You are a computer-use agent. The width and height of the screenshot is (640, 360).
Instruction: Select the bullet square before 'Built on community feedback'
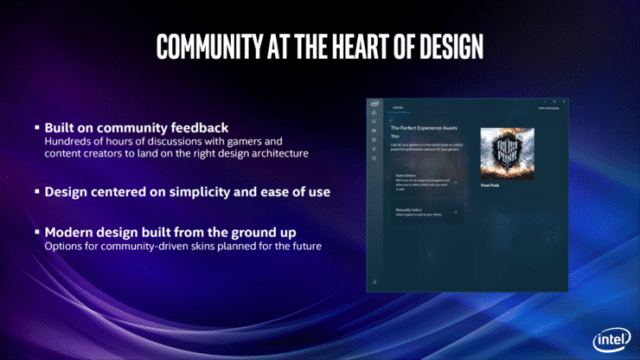[37, 129]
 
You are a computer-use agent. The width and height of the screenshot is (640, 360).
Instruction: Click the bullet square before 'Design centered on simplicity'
[37, 190]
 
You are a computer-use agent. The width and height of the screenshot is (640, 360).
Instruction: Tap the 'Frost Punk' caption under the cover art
[491, 186]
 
